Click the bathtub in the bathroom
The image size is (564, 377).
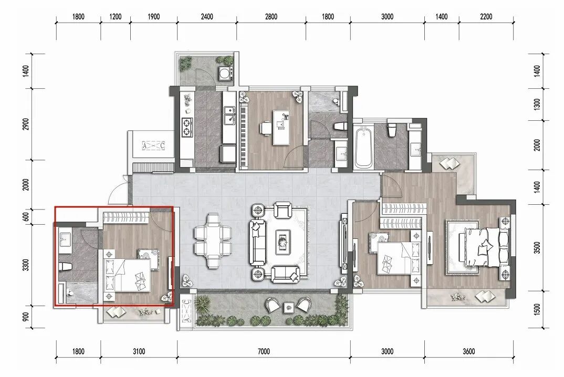pos(363,148)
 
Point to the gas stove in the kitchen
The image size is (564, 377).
pos(187,128)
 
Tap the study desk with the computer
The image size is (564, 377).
pos(281,128)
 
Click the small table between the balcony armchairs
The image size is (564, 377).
pos(289,307)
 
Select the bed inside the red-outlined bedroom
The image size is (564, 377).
pos(127,275)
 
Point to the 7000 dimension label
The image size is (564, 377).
pos(264,351)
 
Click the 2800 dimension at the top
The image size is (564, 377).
pos(271,17)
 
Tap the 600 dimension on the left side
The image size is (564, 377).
pos(26,217)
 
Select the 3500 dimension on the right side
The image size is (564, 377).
pos(537,247)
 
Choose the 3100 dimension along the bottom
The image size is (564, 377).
pos(139,351)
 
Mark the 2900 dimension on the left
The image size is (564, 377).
pos(26,124)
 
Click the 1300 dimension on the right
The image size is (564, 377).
pos(537,104)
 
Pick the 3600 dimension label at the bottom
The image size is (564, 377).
pos(468,351)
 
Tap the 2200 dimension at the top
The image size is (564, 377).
pos(486,17)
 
